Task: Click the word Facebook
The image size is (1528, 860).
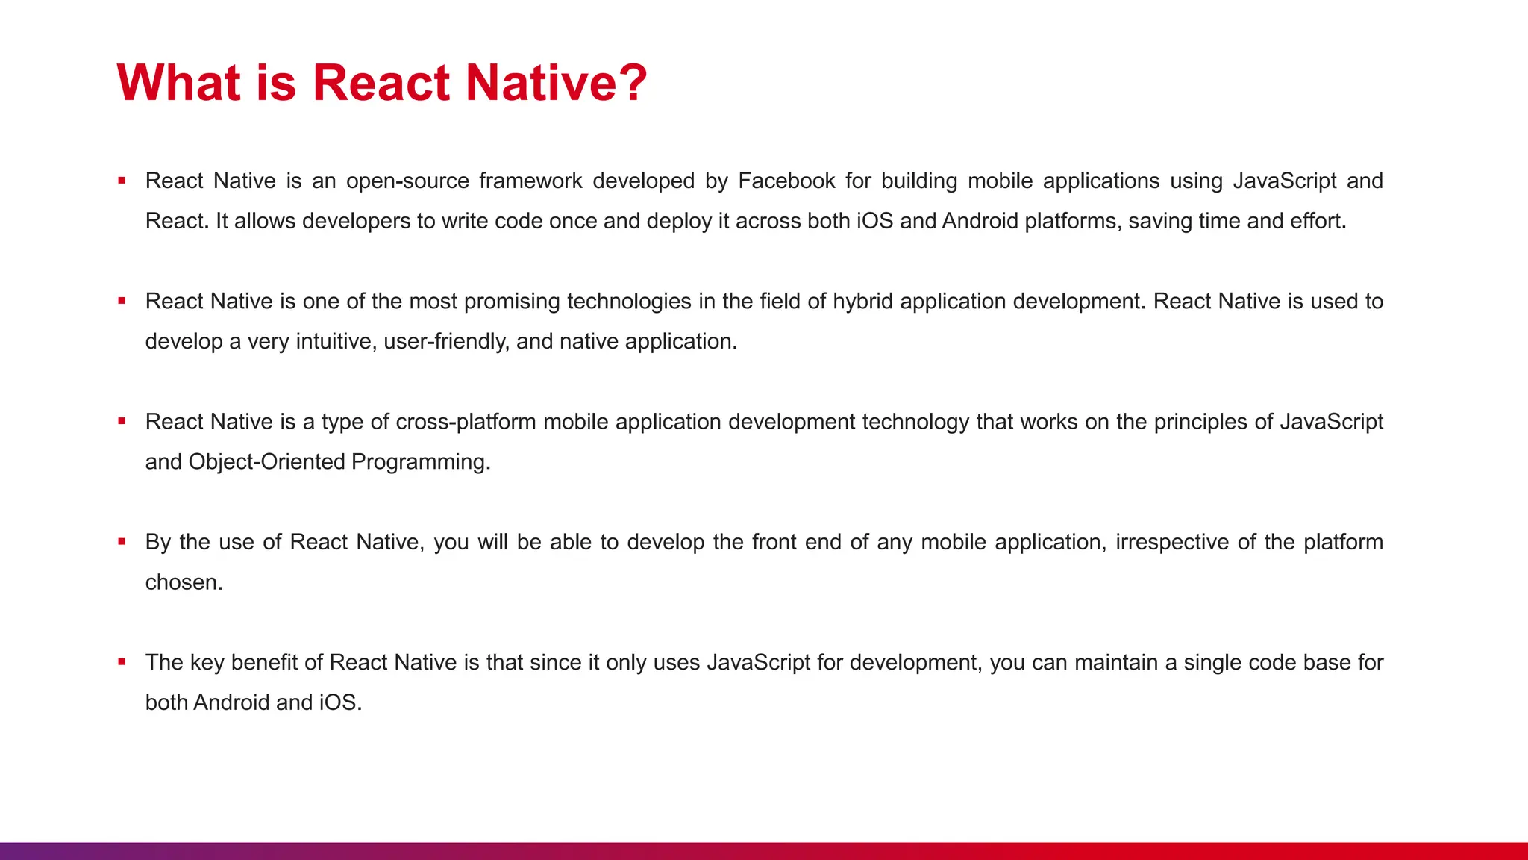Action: coord(786,181)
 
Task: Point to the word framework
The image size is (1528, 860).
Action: coord(530,181)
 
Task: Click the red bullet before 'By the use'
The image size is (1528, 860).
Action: coord(122,542)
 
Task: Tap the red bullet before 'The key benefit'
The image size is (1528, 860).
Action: coord(122,662)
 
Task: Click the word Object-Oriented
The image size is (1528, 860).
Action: coord(266,462)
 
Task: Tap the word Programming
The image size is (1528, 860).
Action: coord(420,462)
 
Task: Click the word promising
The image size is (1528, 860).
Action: coord(512,302)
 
